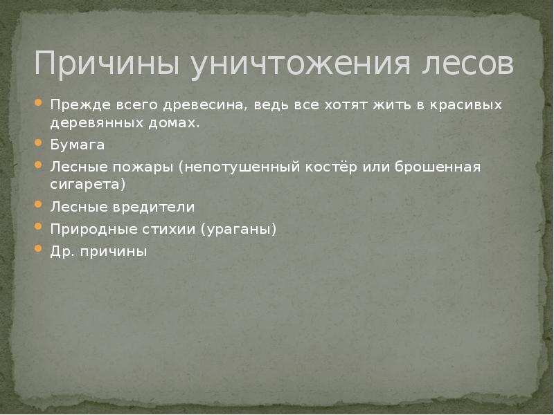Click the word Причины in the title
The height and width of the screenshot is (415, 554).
pos(107,64)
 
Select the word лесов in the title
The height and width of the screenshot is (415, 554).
pos(468,64)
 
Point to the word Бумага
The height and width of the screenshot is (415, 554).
pos(77,146)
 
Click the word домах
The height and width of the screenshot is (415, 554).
pos(177,124)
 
